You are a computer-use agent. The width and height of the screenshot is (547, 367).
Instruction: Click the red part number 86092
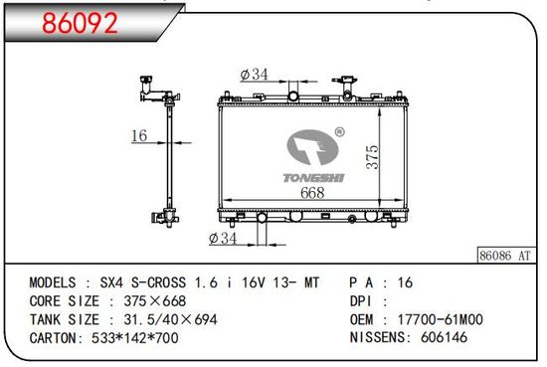[80, 23]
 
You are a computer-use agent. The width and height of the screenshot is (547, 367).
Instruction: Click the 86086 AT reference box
[506, 255]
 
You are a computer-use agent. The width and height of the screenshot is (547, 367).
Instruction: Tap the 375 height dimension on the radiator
[372, 157]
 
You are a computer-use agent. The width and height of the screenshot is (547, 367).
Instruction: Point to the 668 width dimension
[312, 193]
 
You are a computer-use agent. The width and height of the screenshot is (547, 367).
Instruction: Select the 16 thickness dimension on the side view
[139, 135]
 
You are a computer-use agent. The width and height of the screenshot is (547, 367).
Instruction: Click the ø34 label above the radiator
[255, 74]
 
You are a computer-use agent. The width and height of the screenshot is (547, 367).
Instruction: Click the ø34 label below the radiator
[223, 239]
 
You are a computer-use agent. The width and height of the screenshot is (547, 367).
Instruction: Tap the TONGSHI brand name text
[313, 178]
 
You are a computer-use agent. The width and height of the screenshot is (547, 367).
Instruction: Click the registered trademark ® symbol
[339, 132]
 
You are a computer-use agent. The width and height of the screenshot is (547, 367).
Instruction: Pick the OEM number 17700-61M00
[441, 319]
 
